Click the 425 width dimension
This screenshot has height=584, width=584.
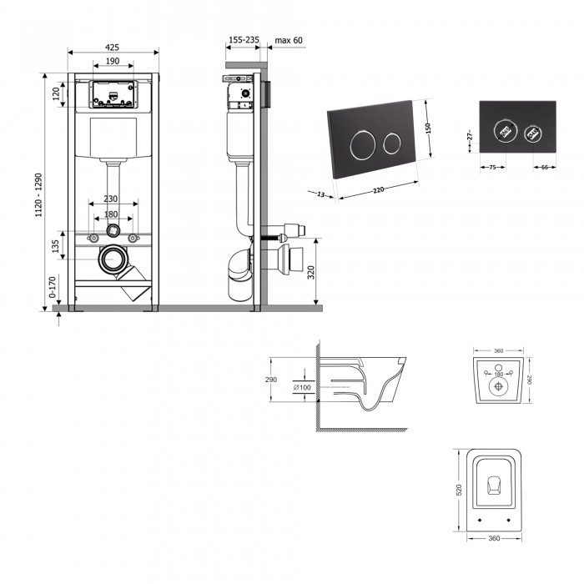point(113,48)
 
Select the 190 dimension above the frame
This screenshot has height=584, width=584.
point(113,62)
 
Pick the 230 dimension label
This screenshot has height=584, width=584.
point(111,199)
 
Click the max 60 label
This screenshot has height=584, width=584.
point(288,38)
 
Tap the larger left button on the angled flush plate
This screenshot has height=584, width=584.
point(360,144)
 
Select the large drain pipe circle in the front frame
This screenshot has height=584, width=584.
point(111,259)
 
